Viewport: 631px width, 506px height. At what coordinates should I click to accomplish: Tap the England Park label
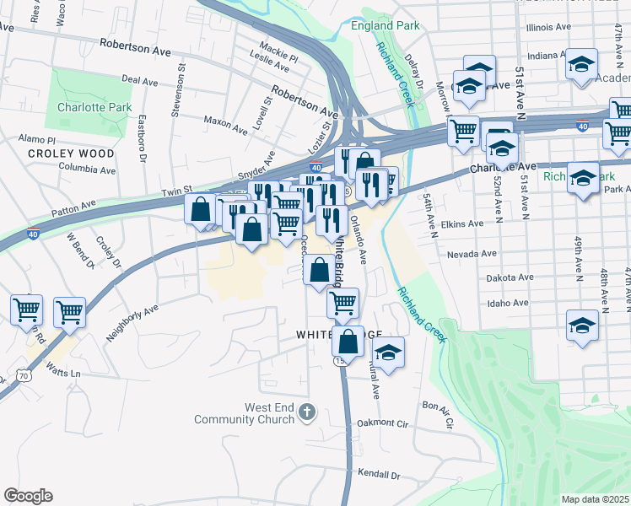click(386, 25)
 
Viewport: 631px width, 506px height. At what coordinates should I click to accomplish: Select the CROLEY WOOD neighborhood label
click(71, 153)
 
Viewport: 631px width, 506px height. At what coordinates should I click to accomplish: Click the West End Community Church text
click(245, 412)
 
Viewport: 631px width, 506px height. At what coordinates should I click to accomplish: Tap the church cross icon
click(307, 412)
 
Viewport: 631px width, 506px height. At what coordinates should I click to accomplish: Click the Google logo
click(28, 496)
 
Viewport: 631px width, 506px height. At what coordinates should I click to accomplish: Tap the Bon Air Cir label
click(439, 407)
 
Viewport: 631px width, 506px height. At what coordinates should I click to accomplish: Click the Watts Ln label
click(63, 372)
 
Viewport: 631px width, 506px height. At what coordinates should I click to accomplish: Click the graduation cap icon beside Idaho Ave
click(583, 326)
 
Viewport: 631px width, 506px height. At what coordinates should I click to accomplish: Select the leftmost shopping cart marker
click(26, 310)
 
